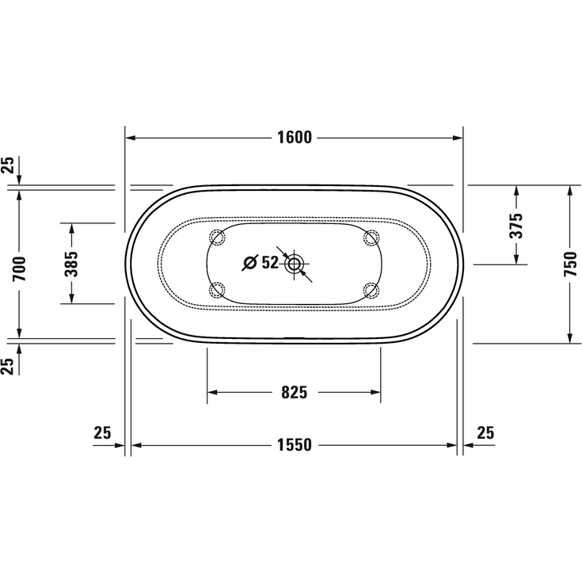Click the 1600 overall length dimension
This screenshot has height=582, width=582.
(294, 138)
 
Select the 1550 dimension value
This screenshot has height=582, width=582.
(294, 445)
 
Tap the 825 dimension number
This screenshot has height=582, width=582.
(294, 392)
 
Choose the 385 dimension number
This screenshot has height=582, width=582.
(71, 263)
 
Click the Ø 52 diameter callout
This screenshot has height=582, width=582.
(261, 263)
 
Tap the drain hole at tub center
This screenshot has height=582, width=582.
(295, 264)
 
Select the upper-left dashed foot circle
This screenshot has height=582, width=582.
(216, 236)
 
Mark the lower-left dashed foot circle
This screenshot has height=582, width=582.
(216, 290)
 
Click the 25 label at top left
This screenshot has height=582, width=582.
(7, 165)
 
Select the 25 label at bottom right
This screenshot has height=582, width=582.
(485, 432)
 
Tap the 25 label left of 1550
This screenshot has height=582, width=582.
(102, 432)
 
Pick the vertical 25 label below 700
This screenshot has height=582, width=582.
(7, 365)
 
